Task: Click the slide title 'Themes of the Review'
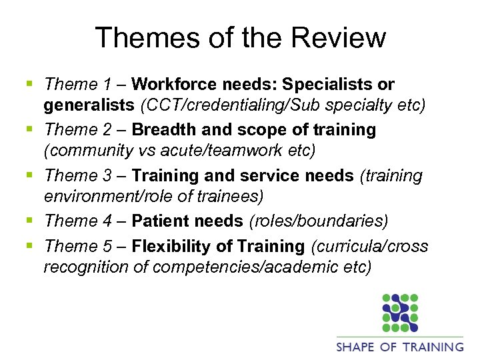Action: [x=240, y=37]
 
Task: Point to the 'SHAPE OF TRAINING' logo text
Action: [x=400, y=347]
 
